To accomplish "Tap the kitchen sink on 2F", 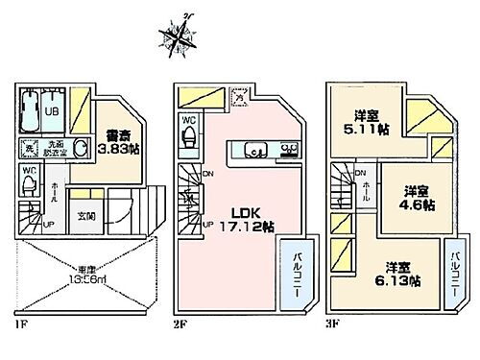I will click(x=257, y=149).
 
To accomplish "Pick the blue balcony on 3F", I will click(x=454, y=274).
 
